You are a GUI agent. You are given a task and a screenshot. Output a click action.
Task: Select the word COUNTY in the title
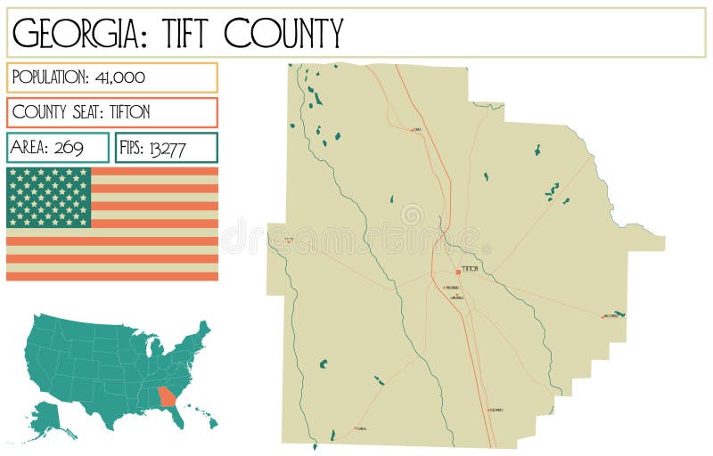(283, 34)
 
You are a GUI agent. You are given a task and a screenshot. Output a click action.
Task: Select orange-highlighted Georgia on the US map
(166, 395)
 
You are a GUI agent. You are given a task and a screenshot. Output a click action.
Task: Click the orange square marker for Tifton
(458, 271)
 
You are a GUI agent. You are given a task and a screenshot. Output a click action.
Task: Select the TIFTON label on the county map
(471, 269)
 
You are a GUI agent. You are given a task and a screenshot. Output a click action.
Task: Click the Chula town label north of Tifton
(417, 130)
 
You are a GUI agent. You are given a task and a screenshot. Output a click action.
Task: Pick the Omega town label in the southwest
(362, 428)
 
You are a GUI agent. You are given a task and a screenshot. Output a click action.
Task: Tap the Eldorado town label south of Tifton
(496, 410)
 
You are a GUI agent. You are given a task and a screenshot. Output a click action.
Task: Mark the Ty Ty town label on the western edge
(288, 240)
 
